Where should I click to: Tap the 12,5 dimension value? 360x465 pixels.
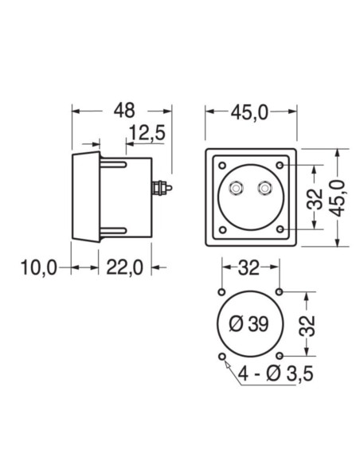pos(146,134)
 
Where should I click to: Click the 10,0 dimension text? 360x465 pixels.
pos(37,268)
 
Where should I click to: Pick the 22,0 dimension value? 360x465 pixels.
pos(123,268)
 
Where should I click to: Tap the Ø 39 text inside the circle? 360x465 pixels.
pos(248,324)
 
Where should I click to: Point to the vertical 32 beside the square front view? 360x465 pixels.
pos(317,198)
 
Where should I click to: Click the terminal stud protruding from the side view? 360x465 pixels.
pos(162,188)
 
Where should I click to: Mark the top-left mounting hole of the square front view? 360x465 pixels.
pos(221,165)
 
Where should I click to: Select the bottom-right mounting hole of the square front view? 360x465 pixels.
pos(280,231)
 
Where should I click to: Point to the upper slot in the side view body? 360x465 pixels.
pos(114,164)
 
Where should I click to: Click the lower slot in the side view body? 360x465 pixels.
pos(114,232)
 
